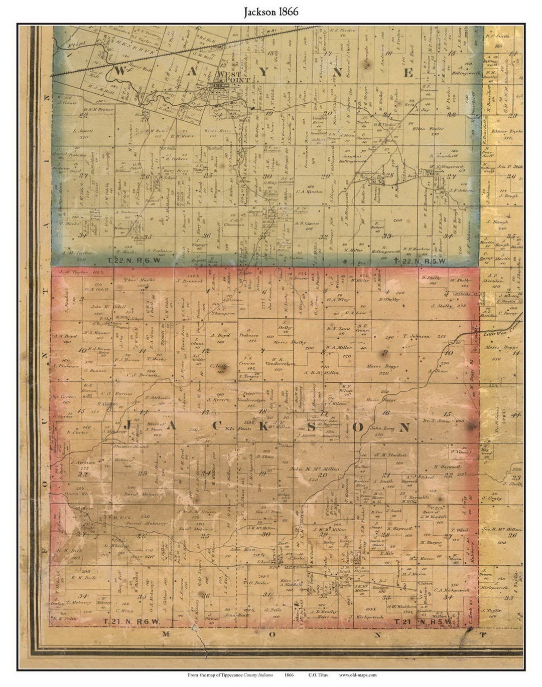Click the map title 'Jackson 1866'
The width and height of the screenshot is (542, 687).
(271, 12)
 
